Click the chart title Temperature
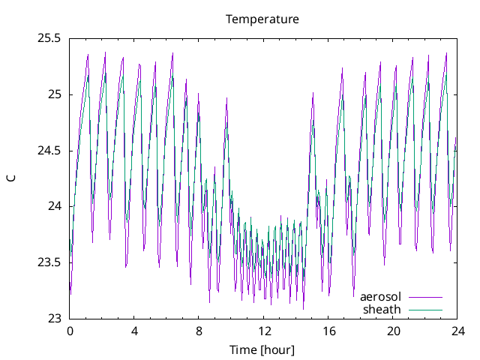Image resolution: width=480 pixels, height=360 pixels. pyautogui.click(x=262, y=19)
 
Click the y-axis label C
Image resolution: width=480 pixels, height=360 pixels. pyautogui.click(x=10, y=178)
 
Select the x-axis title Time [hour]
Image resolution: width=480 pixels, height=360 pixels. pyautogui.click(x=262, y=349)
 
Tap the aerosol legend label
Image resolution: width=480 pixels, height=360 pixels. pyautogui.click(x=380, y=297)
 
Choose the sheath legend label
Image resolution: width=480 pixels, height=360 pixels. pyautogui.click(x=382, y=309)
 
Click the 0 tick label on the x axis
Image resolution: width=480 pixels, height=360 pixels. pyautogui.click(x=70, y=331)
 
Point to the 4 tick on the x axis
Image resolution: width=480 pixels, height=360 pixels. pyautogui.click(x=134, y=331)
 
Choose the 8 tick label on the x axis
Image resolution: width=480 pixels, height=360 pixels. pyautogui.click(x=199, y=331)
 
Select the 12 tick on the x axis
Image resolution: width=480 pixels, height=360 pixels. pyautogui.click(x=264, y=331)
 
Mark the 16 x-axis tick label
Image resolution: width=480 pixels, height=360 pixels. pyautogui.click(x=328, y=331)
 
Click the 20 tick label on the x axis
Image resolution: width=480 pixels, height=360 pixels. pyautogui.click(x=393, y=331)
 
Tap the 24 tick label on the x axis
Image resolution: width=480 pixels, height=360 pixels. pyautogui.click(x=457, y=331)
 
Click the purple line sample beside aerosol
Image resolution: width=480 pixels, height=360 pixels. pyautogui.click(x=424, y=297)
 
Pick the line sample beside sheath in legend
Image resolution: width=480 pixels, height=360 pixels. pyautogui.click(x=424, y=309)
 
